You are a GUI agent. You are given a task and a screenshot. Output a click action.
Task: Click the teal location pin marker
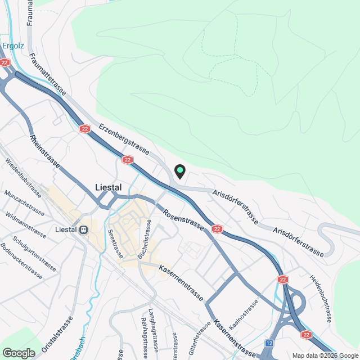180,171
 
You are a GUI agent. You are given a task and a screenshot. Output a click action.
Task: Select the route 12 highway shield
270,343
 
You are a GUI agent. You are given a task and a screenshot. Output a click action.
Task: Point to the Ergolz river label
12,46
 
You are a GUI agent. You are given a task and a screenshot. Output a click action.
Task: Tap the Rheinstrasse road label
45,151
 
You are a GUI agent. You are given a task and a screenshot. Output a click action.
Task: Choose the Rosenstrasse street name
184,219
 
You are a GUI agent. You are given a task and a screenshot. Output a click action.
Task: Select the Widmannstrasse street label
25,223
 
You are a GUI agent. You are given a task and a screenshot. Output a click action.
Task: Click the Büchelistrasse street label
145,239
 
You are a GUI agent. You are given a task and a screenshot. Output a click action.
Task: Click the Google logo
18,353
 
